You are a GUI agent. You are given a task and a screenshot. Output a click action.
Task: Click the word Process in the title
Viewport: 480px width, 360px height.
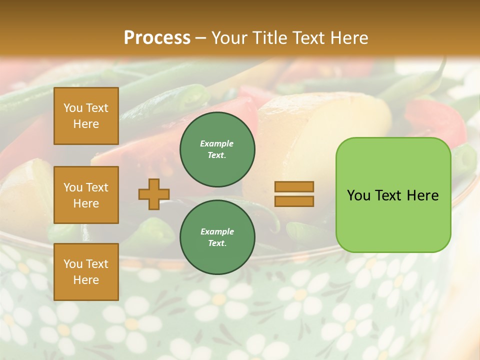click(x=157, y=37)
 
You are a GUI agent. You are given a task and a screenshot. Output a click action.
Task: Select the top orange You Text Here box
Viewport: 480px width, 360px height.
click(x=86, y=116)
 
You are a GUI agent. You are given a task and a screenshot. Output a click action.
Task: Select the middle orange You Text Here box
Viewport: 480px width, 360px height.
click(x=86, y=195)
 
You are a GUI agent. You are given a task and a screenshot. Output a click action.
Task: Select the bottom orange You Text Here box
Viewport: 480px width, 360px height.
click(x=86, y=272)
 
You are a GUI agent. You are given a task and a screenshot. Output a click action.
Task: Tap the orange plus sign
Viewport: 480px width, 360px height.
click(x=154, y=194)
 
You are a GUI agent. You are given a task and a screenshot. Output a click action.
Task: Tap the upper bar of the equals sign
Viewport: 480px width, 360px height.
click(x=294, y=187)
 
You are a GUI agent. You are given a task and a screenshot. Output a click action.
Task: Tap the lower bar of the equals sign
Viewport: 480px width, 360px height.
click(x=294, y=201)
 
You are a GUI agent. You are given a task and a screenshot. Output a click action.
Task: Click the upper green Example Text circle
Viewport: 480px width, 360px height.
click(x=217, y=149)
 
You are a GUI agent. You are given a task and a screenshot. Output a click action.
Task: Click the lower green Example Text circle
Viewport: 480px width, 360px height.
click(x=217, y=237)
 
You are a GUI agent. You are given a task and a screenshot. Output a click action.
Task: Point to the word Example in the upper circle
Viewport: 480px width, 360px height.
click(x=217, y=143)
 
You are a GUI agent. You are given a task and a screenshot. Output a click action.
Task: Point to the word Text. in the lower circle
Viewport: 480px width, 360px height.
click(x=217, y=243)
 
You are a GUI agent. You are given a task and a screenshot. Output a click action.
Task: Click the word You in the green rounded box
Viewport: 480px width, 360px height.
click(x=358, y=195)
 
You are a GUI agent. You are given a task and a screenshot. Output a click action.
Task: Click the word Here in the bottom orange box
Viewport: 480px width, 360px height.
click(x=86, y=280)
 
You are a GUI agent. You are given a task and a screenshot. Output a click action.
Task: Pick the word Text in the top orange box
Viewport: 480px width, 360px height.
click(x=97, y=108)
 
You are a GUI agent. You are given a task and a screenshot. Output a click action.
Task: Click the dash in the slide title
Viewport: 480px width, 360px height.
click(x=201, y=38)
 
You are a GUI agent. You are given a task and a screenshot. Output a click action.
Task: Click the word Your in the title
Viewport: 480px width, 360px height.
click(x=227, y=37)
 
